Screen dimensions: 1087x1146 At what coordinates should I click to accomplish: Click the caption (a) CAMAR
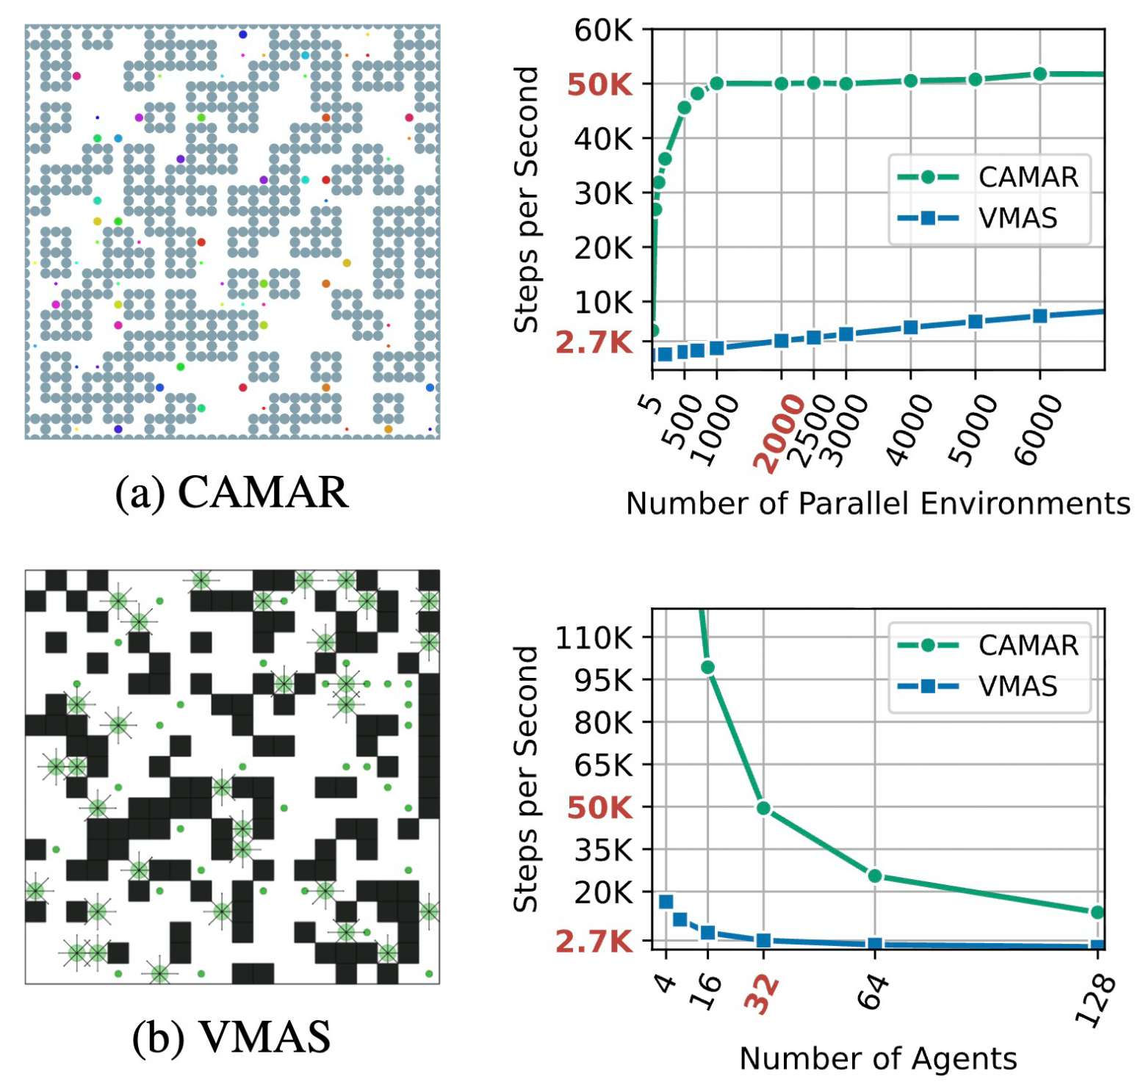(x=232, y=491)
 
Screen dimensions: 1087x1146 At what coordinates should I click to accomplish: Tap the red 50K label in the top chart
(x=599, y=85)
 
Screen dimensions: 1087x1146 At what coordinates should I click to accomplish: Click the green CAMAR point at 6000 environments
(x=1039, y=74)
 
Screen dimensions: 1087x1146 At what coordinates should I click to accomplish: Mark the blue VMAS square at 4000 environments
(x=910, y=328)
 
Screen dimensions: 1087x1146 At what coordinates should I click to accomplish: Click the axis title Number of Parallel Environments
(x=878, y=503)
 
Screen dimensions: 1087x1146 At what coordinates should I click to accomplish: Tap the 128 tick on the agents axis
(x=1096, y=1000)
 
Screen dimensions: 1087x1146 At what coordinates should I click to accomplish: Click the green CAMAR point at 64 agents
(x=874, y=875)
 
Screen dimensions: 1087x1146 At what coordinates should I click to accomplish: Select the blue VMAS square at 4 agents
(x=666, y=902)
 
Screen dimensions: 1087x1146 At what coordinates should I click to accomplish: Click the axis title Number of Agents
(x=878, y=1058)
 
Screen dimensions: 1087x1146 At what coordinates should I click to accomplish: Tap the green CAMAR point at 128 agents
(x=1098, y=912)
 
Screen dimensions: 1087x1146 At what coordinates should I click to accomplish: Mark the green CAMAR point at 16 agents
(x=707, y=667)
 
